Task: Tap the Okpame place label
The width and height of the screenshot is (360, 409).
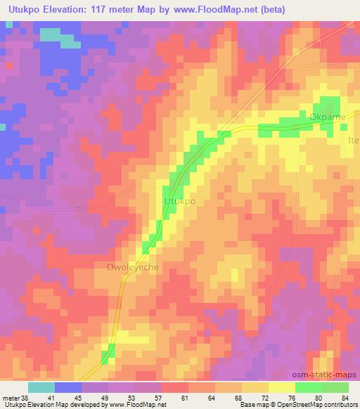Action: (328, 117)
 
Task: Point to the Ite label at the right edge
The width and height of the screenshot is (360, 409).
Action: (354, 141)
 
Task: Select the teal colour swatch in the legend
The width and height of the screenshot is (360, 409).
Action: (41, 387)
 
